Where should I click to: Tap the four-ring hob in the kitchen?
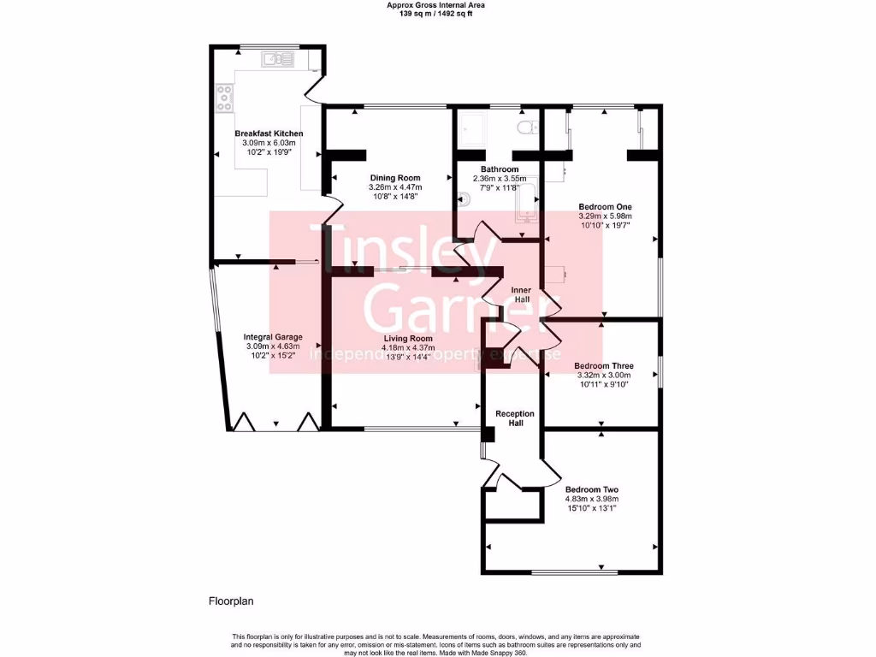click(225, 98)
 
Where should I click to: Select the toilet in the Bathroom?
click(527, 127)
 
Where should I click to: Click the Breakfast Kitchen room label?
click(269, 133)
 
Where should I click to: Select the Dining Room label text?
click(394, 178)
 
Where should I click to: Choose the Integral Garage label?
click(273, 337)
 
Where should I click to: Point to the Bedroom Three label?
click(604, 366)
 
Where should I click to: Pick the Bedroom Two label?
click(591, 489)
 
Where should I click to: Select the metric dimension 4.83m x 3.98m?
click(591, 499)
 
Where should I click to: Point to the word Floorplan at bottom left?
click(232, 601)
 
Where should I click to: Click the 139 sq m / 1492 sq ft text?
click(438, 14)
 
